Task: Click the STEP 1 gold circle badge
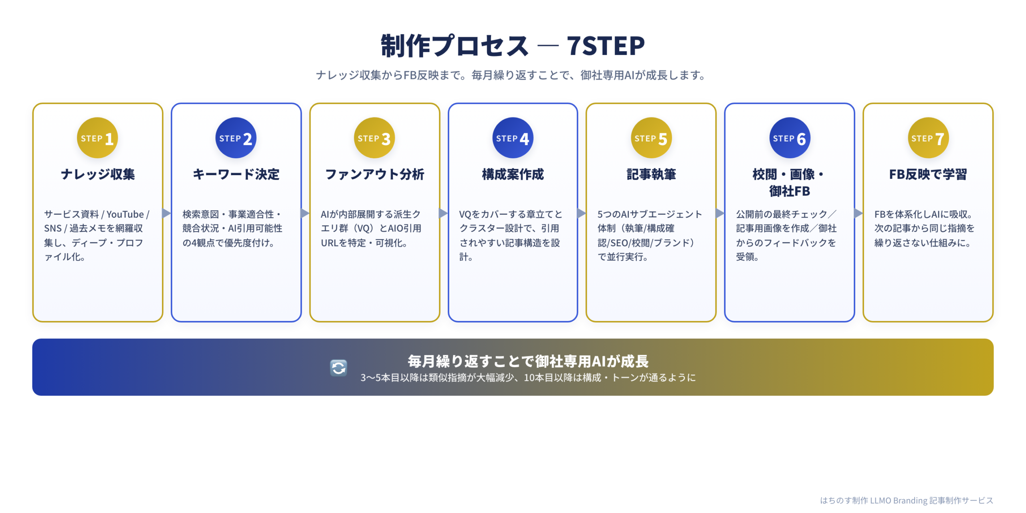click(97, 138)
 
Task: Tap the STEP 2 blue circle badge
click(236, 138)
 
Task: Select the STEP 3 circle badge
click(374, 138)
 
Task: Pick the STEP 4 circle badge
click(513, 138)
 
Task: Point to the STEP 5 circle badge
click(651, 138)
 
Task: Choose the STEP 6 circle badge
click(790, 138)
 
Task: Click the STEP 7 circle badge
click(928, 138)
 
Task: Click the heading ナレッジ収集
click(98, 174)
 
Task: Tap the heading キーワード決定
click(236, 174)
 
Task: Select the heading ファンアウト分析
click(374, 174)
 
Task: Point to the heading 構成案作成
click(513, 174)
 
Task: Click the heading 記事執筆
click(651, 174)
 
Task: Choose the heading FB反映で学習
click(928, 174)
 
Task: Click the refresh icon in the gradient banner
click(339, 368)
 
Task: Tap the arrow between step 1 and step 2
click(166, 213)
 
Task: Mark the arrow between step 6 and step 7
click(858, 213)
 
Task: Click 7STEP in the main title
click(606, 46)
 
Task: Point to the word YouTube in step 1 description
click(125, 214)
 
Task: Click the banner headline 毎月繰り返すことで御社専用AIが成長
click(528, 361)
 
